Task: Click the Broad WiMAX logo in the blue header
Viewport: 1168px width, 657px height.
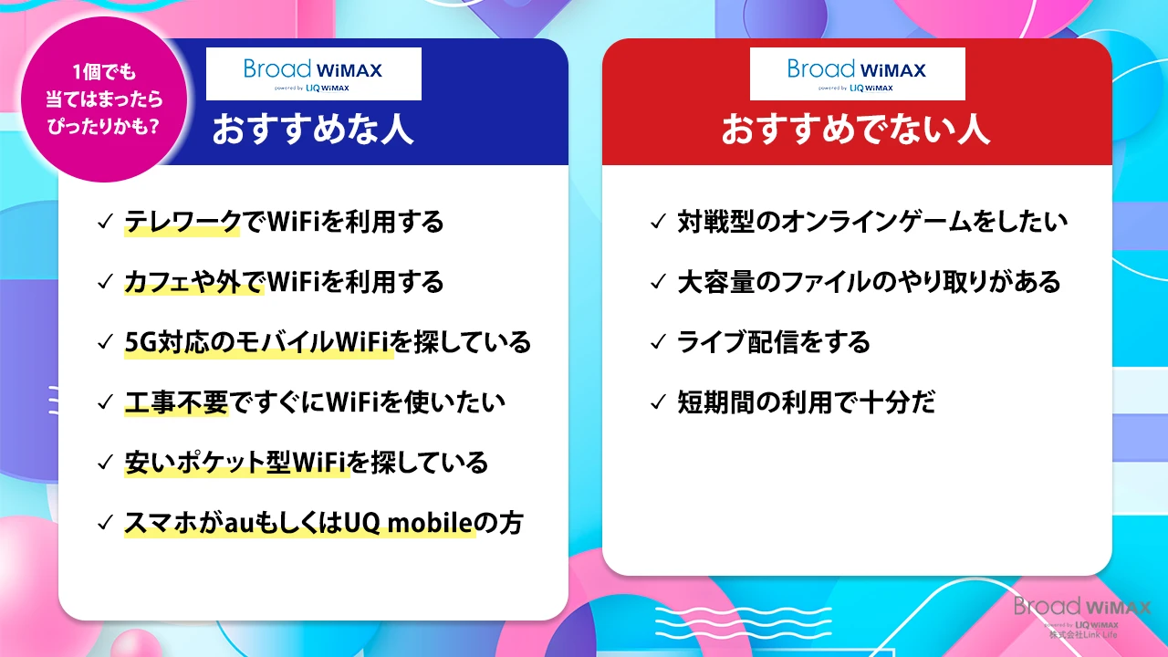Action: [313, 74]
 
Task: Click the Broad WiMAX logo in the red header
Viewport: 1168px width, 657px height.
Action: [857, 74]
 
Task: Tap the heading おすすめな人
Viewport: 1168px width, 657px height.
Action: [313, 130]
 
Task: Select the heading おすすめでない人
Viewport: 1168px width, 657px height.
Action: [856, 130]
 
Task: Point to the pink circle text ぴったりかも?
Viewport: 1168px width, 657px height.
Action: [103, 126]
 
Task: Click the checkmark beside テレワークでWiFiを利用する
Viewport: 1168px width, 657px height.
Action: [105, 222]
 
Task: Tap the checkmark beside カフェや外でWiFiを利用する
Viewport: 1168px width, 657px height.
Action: [105, 282]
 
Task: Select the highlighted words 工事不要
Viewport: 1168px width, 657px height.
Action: [177, 402]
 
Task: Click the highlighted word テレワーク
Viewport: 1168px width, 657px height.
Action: [182, 222]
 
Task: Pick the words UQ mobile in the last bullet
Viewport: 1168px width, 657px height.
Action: [408, 523]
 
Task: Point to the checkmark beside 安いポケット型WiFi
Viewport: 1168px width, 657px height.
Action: [105, 463]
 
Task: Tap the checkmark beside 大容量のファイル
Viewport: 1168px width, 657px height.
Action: [659, 282]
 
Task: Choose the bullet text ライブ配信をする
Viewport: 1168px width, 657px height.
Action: [774, 342]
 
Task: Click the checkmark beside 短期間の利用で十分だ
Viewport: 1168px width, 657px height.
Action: [659, 402]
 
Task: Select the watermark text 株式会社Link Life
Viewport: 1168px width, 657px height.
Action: [1083, 635]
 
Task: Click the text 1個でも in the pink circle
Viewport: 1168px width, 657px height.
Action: [104, 71]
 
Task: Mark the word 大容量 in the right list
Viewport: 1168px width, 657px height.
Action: [716, 282]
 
